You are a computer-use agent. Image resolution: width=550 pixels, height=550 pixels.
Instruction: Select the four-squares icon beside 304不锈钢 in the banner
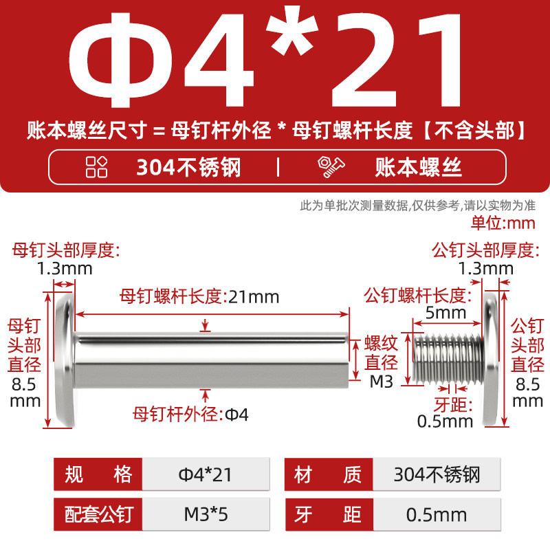click(x=96, y=167)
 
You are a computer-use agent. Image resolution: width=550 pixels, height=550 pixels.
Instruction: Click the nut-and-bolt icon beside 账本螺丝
click(x=331, y=167)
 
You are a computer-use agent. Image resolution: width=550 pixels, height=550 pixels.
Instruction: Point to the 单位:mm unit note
click(x=503, y=223)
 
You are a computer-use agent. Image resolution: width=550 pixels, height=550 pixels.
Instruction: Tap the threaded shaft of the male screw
click(x=448, y=359)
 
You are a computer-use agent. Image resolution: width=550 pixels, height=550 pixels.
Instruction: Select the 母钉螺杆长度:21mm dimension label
click(x=199, y=297)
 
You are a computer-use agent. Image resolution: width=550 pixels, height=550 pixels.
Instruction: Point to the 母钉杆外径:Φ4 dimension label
click(x=190, y=415)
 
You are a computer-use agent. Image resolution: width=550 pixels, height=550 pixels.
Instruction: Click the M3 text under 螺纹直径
click(x=382, y=382)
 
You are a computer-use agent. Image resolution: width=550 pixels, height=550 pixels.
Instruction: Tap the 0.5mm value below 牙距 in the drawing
click(x=445, y=421)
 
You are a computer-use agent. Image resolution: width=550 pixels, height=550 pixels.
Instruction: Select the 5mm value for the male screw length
click(x=445, y=313)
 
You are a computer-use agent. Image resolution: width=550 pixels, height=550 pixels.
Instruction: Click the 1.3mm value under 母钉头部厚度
click(x=65, y=269)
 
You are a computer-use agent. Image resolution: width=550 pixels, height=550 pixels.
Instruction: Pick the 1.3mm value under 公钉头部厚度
click(x=486, y=269)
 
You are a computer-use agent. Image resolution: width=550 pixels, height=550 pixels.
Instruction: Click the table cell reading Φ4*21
click(x=206, y=474)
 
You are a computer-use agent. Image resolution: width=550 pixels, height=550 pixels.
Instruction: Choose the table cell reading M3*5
click(x=206, y=514)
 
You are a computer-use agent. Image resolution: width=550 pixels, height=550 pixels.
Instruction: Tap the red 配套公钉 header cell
click(x=98, y=514)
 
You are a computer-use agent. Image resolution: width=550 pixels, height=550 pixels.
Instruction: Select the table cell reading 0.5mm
click(x=437, y=514)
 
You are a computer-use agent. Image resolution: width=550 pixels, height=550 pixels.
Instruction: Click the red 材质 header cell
click(x=329, y=474)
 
